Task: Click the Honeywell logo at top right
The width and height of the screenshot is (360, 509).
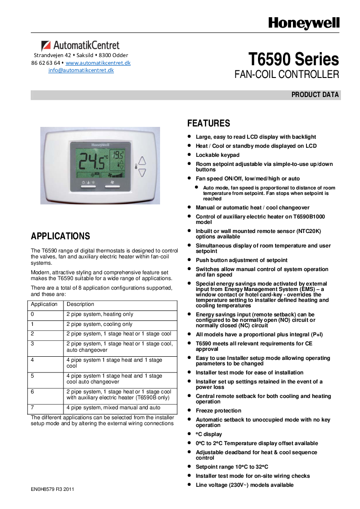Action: click(x=303, y=24)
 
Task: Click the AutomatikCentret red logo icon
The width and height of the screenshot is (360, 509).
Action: click(x=46, y=46)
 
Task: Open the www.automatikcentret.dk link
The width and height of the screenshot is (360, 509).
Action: click(x=98, y=63)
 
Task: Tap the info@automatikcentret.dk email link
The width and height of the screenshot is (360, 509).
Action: click(x=81, y=70)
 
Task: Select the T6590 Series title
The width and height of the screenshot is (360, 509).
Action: click(x=293, y=60)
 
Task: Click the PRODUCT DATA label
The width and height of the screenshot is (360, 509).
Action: click(x=315, y=95)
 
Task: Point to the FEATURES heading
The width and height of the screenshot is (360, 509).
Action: click(x=209, y=123)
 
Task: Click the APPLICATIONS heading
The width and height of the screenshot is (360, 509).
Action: click(x=60, y=236)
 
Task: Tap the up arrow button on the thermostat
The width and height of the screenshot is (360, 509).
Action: click(x=142, y=161)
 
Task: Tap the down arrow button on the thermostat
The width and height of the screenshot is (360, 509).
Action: click(x=142, y=173)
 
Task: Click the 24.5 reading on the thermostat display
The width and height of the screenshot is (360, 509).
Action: click(x=92, y=160)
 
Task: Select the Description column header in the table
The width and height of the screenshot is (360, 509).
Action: click(x=80, y=304)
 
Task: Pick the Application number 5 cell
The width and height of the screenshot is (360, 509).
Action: click(x=33, y=376)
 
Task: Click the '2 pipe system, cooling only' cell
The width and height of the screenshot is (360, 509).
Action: click(x=99, y=324)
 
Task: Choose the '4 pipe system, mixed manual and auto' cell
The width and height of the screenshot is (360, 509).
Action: click(x=113, y=407)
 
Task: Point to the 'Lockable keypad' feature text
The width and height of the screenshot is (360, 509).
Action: click(x=217, y=155)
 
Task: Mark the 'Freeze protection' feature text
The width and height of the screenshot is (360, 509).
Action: click(x=218, y=411)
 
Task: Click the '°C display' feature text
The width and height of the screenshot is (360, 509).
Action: click(x=209, y=434)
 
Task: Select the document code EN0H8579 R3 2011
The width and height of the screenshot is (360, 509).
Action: click(x=53, y=489)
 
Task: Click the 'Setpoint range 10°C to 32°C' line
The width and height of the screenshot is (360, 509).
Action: click(x=232, y=467)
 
